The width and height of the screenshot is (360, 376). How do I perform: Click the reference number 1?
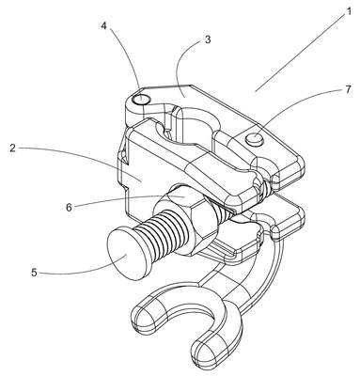348,11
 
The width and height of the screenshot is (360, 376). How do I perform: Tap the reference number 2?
12,148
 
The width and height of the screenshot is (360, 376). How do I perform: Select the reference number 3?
207,40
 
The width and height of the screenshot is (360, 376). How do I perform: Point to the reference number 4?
103,25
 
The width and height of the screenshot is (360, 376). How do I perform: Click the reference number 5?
34,273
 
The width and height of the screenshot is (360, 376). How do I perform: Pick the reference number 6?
69,207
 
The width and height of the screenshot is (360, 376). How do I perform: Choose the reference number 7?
348,89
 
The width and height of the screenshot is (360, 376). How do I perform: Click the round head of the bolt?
125,254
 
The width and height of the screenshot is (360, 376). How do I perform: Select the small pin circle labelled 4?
141,100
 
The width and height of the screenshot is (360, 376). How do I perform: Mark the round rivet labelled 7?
256,138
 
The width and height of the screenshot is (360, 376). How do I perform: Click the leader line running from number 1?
300,51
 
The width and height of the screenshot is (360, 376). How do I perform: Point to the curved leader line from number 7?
298,101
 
